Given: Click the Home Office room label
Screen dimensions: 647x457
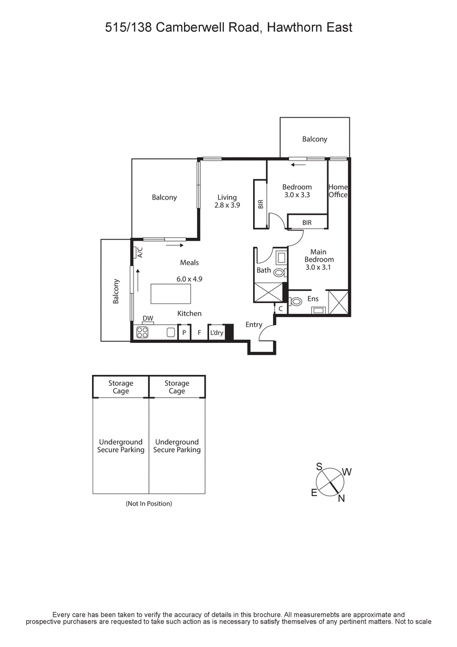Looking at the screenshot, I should (338, 191).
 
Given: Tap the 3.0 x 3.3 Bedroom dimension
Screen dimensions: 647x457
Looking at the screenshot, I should (297, 195).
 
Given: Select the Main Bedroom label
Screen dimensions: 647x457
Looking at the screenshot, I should (318, 255).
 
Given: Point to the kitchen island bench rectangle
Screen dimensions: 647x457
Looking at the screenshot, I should (171, 294).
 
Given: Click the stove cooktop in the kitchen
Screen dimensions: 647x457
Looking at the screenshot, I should (142, 332).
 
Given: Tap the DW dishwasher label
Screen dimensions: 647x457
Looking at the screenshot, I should (148, 318).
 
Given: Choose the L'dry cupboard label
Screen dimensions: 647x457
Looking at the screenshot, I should (217, 333).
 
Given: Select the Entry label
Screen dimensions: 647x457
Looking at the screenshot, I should (254, 325).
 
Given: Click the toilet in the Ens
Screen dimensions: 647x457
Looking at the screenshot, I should (296, 302).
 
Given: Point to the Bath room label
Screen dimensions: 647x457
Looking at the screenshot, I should (263, 270).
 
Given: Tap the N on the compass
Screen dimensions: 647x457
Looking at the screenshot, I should (342, 498).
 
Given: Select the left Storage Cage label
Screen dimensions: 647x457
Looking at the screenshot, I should (121, 387).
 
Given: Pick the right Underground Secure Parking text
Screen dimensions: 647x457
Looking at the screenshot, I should (177, 446).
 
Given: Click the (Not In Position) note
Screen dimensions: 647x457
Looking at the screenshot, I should (149, 504).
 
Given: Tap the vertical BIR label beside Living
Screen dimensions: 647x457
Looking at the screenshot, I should (260, 204).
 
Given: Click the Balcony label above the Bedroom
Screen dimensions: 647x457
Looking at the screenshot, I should (315, 139).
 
